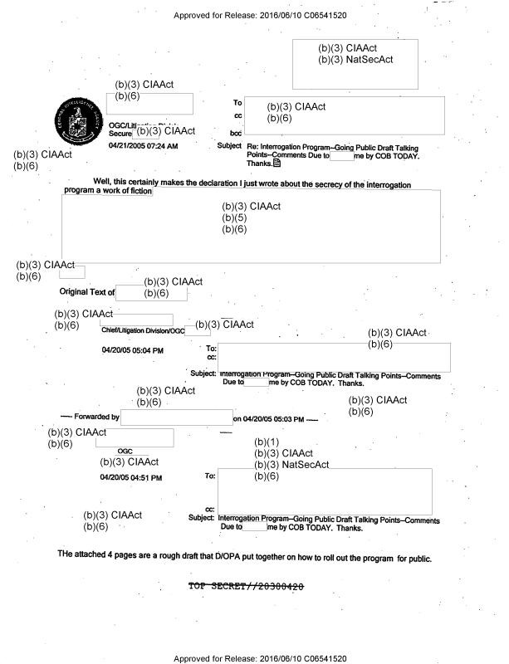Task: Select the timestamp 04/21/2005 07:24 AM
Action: [143, 145]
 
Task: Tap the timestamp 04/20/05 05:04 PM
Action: [132, 351]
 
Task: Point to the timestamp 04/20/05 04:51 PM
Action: [131, 477]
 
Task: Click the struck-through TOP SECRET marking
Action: [247, 587]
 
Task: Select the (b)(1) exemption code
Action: [267, 442]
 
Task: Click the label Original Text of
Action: [86, 292]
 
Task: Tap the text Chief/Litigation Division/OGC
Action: [143, 330]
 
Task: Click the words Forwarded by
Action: [96, 417]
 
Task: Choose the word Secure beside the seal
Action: [120, 132]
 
